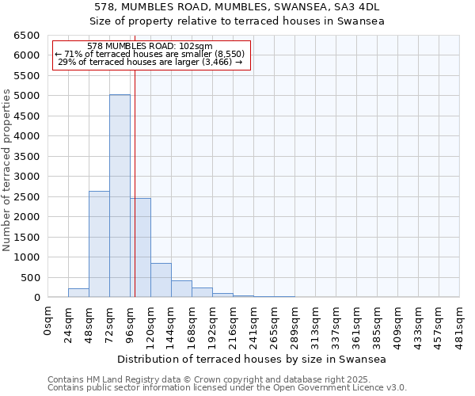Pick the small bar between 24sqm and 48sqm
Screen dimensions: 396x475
tap(78, 292)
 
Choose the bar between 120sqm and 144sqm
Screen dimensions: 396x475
tap(161, 280)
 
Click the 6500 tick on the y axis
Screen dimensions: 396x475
tap(27, 36)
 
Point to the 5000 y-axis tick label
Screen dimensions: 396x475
tap(27, 96)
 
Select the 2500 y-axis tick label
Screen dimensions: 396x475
tap(27, 197)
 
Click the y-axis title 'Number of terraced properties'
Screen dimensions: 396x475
tap(7, 170)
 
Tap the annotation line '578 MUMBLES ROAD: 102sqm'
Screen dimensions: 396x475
tap(150, 47)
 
